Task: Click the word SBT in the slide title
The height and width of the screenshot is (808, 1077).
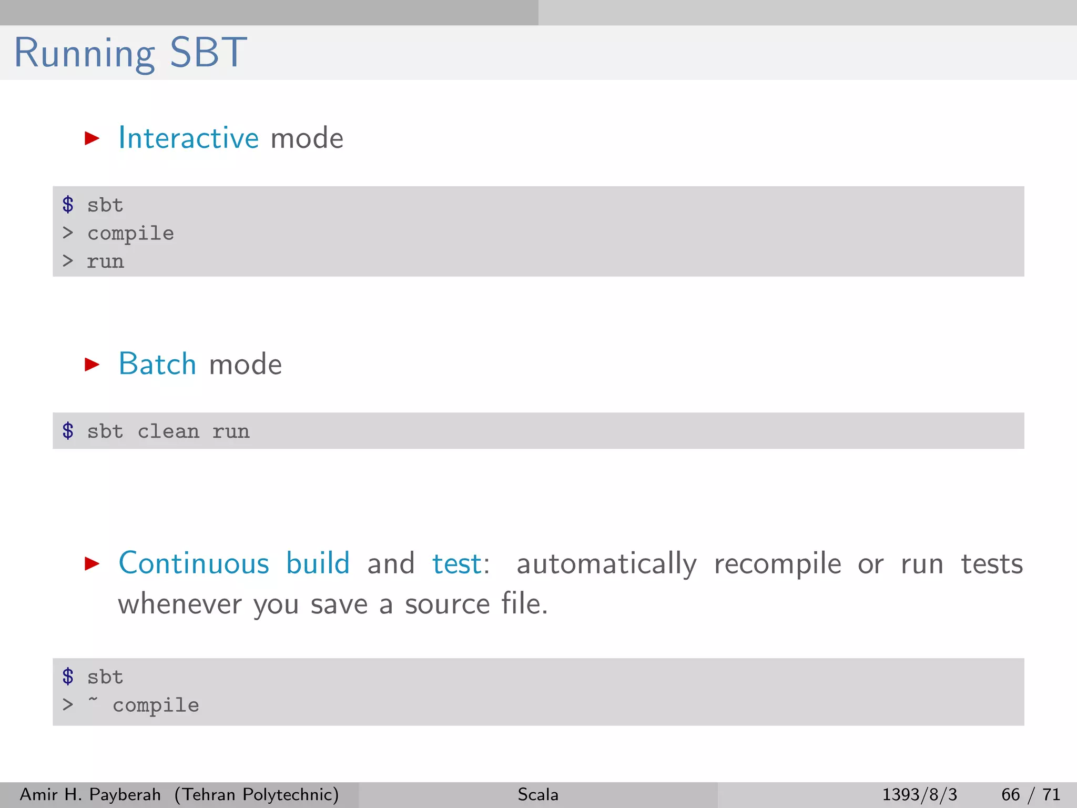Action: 208,53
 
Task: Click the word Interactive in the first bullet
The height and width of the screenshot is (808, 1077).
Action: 188,138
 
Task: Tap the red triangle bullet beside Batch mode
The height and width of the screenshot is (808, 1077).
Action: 92,364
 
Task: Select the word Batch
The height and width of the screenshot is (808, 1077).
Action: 157,364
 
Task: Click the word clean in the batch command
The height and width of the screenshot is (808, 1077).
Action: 168,432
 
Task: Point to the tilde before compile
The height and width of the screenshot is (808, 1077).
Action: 93,700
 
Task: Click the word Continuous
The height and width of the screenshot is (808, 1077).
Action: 194,563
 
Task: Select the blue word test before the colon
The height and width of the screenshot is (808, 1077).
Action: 456,564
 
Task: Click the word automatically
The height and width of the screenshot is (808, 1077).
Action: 606,564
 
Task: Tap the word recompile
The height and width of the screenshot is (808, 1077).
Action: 777,564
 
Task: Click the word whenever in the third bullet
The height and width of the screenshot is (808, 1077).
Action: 179,604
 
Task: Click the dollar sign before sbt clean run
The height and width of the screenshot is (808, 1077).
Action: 68,431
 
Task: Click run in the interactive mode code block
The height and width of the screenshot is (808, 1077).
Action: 105,261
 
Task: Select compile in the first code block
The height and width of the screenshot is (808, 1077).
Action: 130,234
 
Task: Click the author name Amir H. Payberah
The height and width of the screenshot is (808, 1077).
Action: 90,794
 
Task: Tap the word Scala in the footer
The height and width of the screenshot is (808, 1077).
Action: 537,794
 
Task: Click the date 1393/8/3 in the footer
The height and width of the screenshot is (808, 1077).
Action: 919,794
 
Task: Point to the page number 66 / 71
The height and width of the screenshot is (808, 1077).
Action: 1030,794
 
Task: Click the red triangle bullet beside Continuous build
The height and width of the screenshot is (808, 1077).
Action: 92,564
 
